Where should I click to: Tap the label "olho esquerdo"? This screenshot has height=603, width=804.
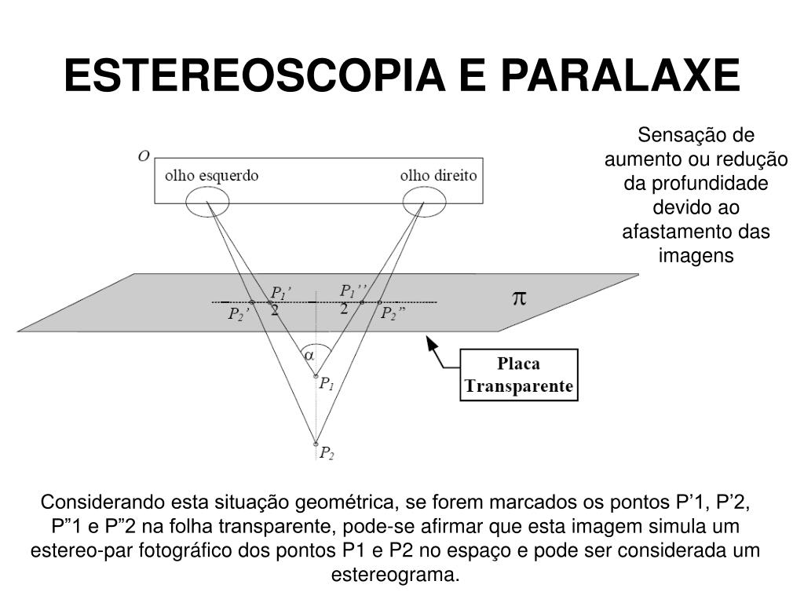click(x=211, y=176)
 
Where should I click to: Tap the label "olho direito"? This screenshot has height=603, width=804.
click(x=438, y=176)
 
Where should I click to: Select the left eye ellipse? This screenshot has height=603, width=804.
click(x=207, y=204)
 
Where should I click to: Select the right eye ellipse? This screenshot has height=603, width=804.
click(x=424, y=204)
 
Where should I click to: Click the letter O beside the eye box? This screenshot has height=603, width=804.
click(x=143, y=156)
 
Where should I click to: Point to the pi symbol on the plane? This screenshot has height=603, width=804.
click(x=519, y=298)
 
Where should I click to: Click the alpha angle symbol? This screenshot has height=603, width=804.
click(x=309, y=355)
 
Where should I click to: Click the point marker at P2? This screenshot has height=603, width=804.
click(x=316, y=443)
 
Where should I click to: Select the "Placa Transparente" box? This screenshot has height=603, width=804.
click(x=518, y=376)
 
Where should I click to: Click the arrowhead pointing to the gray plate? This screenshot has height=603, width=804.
click(x=431, y=342)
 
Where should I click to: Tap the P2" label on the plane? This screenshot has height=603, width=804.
click(x=393, y=314)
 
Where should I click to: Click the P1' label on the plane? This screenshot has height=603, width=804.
click(x=281, y=292)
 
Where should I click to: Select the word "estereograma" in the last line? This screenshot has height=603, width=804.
click(x=395, y=574)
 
